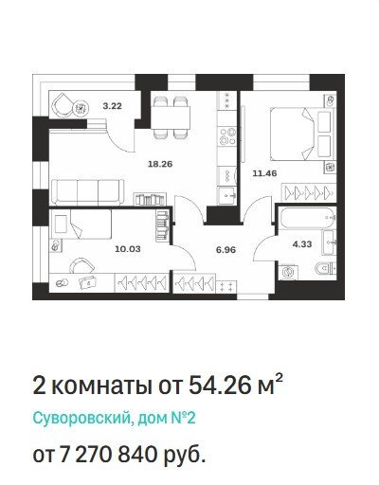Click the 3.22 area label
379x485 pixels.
click(112, 106)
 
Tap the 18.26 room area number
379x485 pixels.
click(160, 164)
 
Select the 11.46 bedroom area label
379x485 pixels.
click(264, 173)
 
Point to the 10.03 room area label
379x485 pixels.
click(128, 249)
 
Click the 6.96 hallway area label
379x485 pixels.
click(226, 250)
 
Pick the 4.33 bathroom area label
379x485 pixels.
click(302, 244)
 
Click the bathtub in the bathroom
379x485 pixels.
click(307, 218)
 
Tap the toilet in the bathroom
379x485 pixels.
click(325, 269)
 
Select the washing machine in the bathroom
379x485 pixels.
click(288, 272)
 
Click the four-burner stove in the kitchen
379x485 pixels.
click(227, 135)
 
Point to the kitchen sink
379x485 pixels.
click(227, 196)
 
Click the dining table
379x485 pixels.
click(171, 117)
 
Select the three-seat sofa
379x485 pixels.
click(88, 192)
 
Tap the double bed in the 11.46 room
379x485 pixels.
click(302, 134)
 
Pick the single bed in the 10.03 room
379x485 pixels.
click(81, 224)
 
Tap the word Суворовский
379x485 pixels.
click(81, 419)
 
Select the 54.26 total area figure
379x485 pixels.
click(220, 386)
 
